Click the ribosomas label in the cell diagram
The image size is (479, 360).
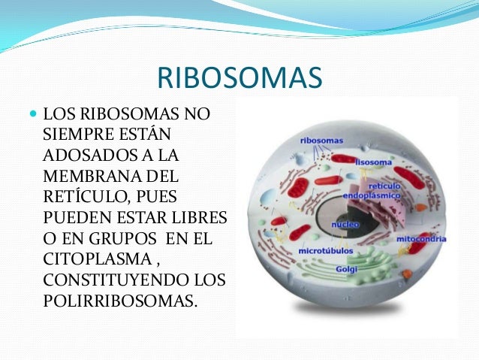(321, 140)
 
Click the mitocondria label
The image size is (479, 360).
(421, 239)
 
